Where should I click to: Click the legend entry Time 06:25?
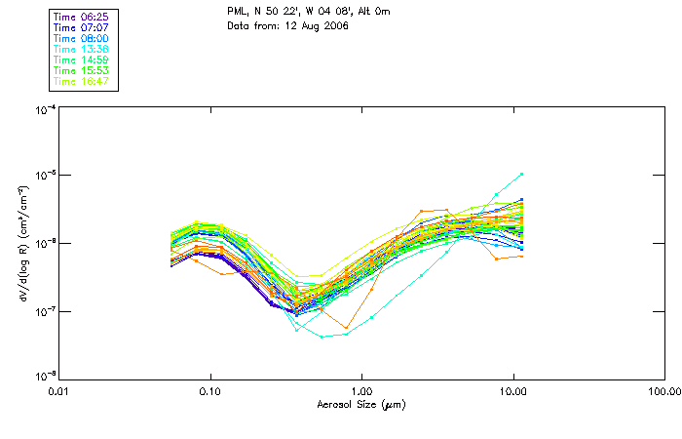[82, 17]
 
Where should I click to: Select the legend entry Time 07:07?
[82, 27]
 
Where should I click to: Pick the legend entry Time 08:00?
[82, 38]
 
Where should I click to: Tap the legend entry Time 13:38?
[82, 49]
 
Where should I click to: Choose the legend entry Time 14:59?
[82, 60]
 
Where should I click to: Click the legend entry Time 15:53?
[82, 70]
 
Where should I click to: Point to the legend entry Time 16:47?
[82, 81]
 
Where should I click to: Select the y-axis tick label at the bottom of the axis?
[44, 377]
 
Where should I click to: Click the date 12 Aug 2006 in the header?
[318, 25]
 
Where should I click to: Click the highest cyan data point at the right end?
[522, 175]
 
